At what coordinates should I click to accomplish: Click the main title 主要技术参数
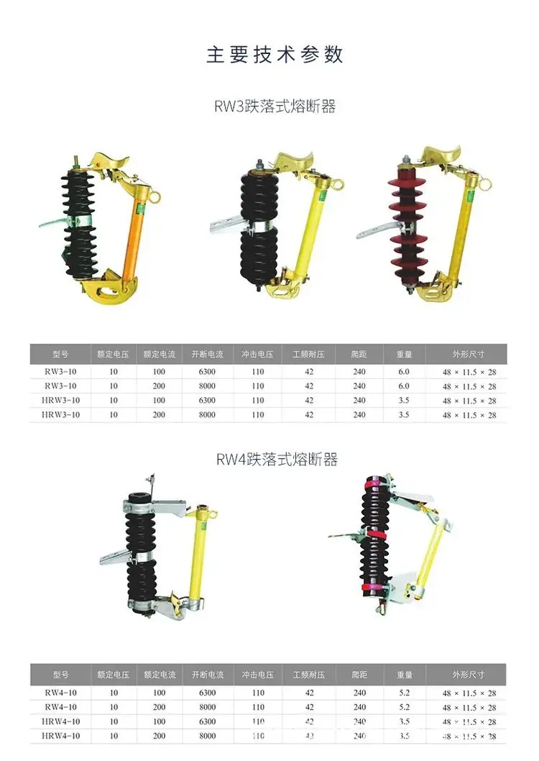[x=275, y=55]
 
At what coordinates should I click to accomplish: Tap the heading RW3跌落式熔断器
[x=275, y=106]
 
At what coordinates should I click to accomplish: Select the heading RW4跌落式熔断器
[x=277, y=459]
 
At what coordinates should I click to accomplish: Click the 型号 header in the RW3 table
[x=60, y=355]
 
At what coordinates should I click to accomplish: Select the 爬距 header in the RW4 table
[x=359, y=675]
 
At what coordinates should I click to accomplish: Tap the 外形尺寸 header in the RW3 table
[x=469, y=355]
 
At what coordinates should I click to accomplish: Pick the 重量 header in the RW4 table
[x=405, y=675]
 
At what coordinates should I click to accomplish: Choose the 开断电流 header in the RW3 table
[x=207, y=355]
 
